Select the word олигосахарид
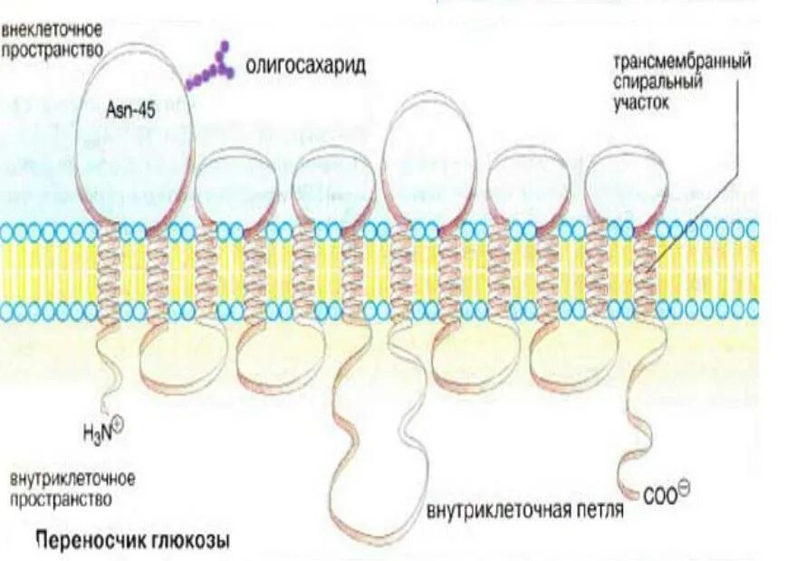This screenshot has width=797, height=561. point(306,68)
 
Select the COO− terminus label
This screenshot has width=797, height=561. point(666,493)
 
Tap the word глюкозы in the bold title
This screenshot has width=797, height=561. point(191,542)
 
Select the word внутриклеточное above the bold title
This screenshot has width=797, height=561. point(73,477)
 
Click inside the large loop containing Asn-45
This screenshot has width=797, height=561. point(136,154)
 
